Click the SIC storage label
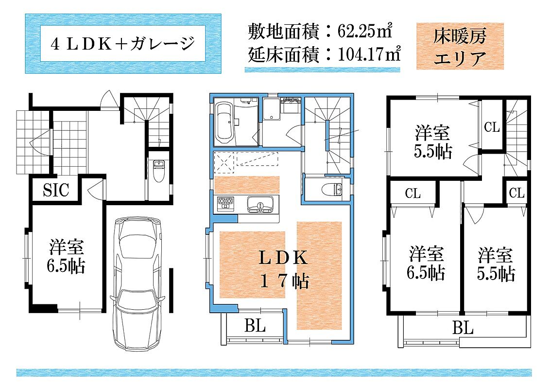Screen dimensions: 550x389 coord(56,190)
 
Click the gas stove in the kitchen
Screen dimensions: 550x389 coord(225,204)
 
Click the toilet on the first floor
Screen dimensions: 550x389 coord(158,171)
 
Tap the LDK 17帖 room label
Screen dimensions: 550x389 coord(284,269)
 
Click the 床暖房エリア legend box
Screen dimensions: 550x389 coord(460,46)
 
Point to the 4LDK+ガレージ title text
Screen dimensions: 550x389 coord(123,44)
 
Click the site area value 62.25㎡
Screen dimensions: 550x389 coord(364,31)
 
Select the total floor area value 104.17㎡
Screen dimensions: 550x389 coord(369,54)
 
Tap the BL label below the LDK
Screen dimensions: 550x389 coord(255,325)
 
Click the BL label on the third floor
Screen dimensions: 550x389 coord(463,328)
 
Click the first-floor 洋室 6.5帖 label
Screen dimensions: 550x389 coord(66,256)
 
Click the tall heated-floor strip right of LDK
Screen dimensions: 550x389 coord(319,276)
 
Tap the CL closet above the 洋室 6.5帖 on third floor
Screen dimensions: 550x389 coord(412,193)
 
